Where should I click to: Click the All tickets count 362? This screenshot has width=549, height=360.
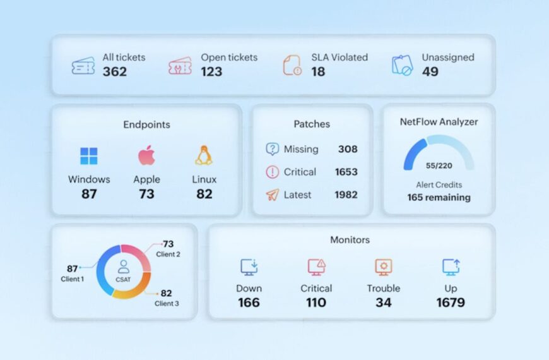(115, 71)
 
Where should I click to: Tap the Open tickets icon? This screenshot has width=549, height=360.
(180, 66)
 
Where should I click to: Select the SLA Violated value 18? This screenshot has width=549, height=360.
(318, 71)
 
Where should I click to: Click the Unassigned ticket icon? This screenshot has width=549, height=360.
(402, 66)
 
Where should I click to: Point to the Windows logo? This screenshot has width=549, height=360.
(89, 156)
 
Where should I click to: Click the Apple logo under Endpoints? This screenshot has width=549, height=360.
(146, 155)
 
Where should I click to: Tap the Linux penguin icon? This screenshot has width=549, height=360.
(204, 155)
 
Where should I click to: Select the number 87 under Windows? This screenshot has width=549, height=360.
(89, 194)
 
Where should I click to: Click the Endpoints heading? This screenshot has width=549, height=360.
(146, 124)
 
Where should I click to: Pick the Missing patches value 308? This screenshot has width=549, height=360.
(347, 149)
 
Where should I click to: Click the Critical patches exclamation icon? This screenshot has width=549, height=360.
(272, 172)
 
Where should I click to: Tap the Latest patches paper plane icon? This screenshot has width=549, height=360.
(272, 195)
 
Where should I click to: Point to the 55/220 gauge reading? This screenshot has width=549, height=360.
(439, 165)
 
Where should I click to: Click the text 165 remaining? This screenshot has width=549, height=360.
(439, 197)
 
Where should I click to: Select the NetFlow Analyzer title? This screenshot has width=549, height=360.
(439, 121)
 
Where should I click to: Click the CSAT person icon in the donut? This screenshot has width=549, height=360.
(124, 267)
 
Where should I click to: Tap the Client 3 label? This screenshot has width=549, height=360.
(167, 303)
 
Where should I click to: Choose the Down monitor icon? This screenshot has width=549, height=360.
(249, 267)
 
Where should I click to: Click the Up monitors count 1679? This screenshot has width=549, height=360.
(451, 303)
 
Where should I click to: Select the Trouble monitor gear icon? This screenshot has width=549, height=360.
(383, 267)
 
